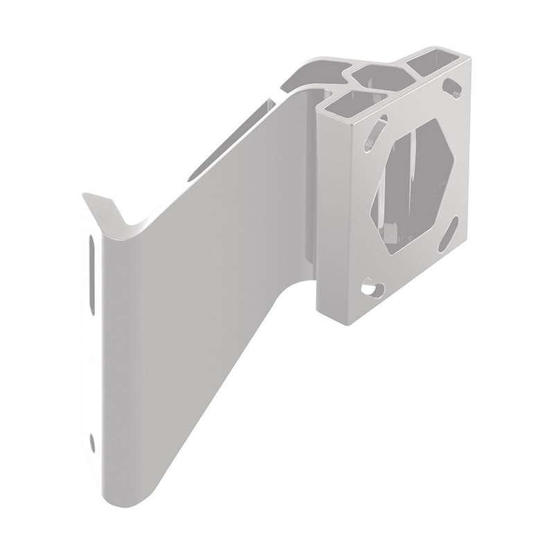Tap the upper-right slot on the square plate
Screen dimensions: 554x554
pyautogui.click(x=452, y=88)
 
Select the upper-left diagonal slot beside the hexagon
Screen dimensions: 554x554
pyautogui.click(x=375, y=132)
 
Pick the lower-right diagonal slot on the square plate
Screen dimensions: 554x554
pyautogui.click(x=448, y=234)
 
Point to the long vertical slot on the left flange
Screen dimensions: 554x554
pyautogui.click(x=91, y=274)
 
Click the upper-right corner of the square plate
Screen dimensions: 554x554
pyautogui.click(x=470, y=60)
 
